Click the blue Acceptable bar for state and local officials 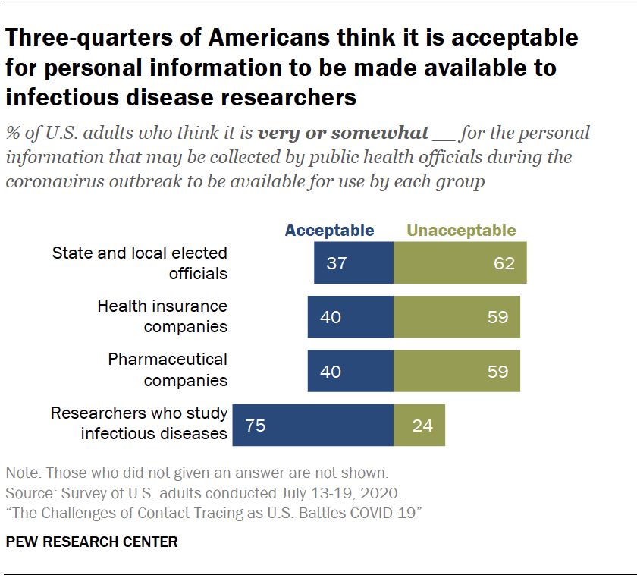tap(353, 263)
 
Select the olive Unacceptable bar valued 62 tap(460, 263)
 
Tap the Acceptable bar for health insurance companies tap(350, 317)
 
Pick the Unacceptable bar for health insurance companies tap(457, 317)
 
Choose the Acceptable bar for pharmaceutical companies tap(350, 372)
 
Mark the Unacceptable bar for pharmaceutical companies tap(457, 372)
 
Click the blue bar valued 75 tap(312, 426)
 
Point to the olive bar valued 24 tap(419, 426)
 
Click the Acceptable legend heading tap(329, 231)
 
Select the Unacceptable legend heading tap(461, 231)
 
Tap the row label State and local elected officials tap(140, 262)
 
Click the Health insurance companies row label tap(162, 316)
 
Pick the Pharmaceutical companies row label tap(167, 370)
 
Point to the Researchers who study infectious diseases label tap(140, 423)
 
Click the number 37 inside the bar tap(336, 264)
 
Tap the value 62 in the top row tap(504, 264)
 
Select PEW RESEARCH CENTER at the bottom tap(92, 542)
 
